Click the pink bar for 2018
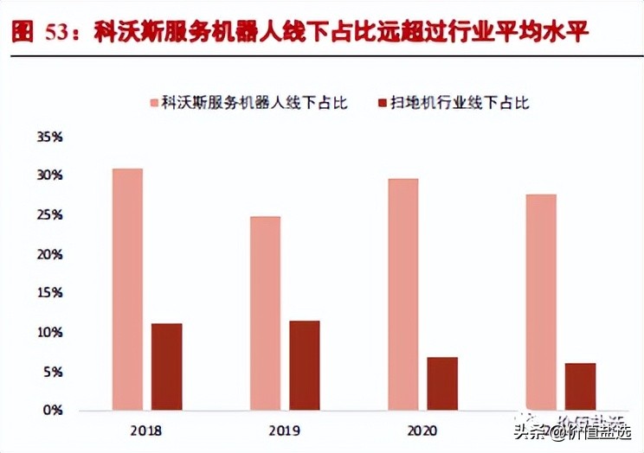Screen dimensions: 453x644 tap(127, 290)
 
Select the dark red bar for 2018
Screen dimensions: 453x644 tap(167, 367)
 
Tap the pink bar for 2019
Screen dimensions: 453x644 tap(265, 313)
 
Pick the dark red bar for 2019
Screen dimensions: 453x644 tap(304, 366)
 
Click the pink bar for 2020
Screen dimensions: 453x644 tap(403, 294)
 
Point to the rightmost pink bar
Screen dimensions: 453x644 tap(541, 302)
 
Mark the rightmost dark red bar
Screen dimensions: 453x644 tap(581, 386)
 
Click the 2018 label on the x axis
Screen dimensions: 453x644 tap(147, 430)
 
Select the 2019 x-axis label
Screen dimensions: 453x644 tap(285, 430)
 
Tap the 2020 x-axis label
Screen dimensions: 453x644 tap(422, 430)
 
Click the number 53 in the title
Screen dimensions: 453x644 tap(57, 32)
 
